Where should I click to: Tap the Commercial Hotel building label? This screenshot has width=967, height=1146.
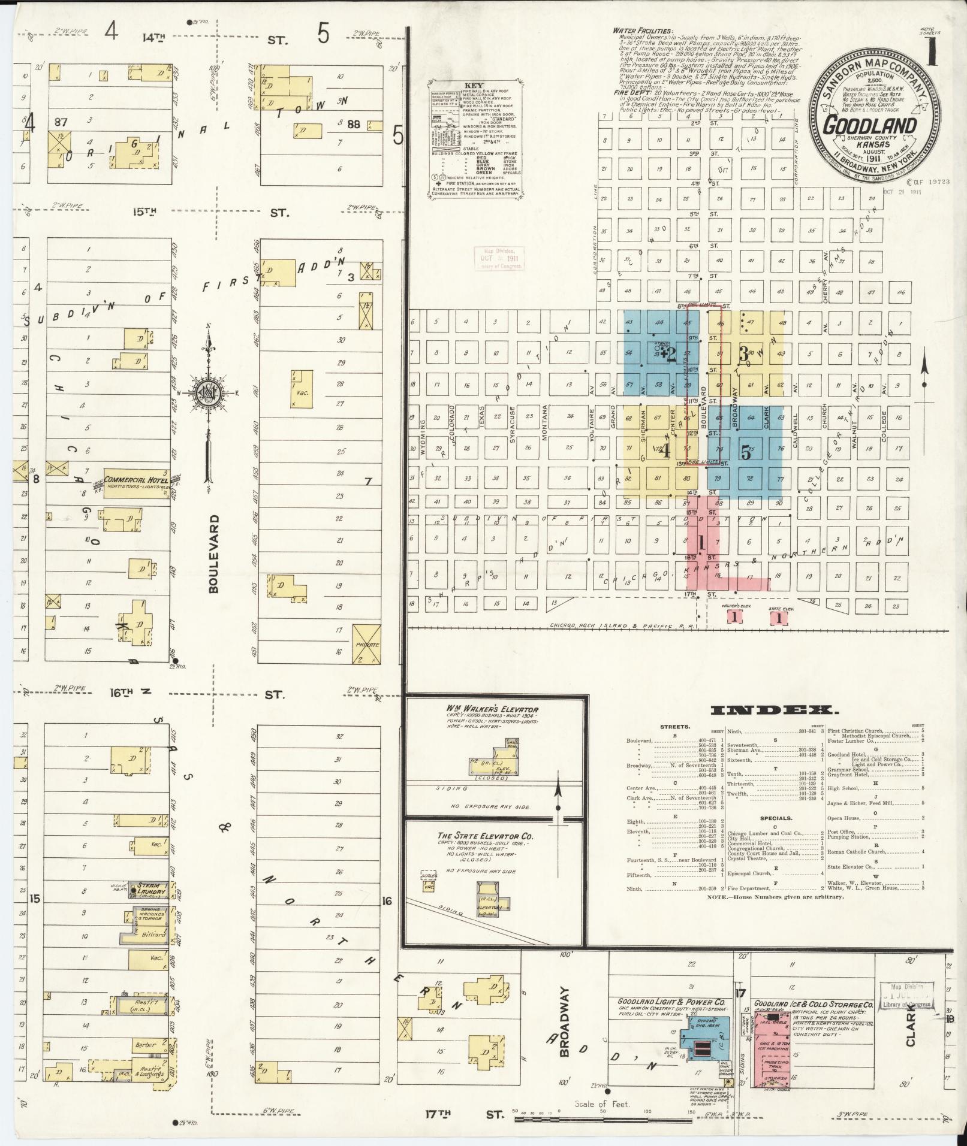click(135, 480)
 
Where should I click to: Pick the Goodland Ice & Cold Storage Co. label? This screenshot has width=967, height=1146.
click(813, 1003)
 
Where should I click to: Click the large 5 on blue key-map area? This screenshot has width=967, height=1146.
click(745, 453)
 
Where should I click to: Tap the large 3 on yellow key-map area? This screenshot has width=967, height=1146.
click(743, 355)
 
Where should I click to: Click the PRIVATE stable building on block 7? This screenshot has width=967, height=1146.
click(367, 644)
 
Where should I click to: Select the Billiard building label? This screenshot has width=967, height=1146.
click(150, 935)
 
